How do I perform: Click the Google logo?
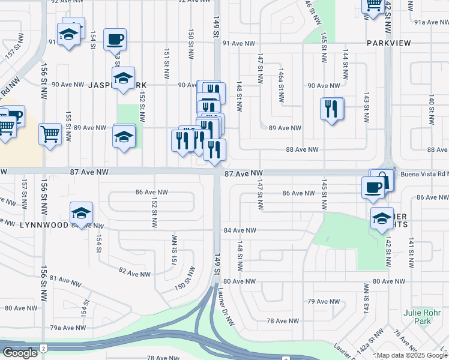20,353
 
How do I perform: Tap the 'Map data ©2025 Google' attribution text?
412,355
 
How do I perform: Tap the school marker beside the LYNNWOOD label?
82,213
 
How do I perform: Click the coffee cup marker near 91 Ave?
115,39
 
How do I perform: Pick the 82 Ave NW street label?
134,273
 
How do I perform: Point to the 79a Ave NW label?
67,328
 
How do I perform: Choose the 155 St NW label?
68,123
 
